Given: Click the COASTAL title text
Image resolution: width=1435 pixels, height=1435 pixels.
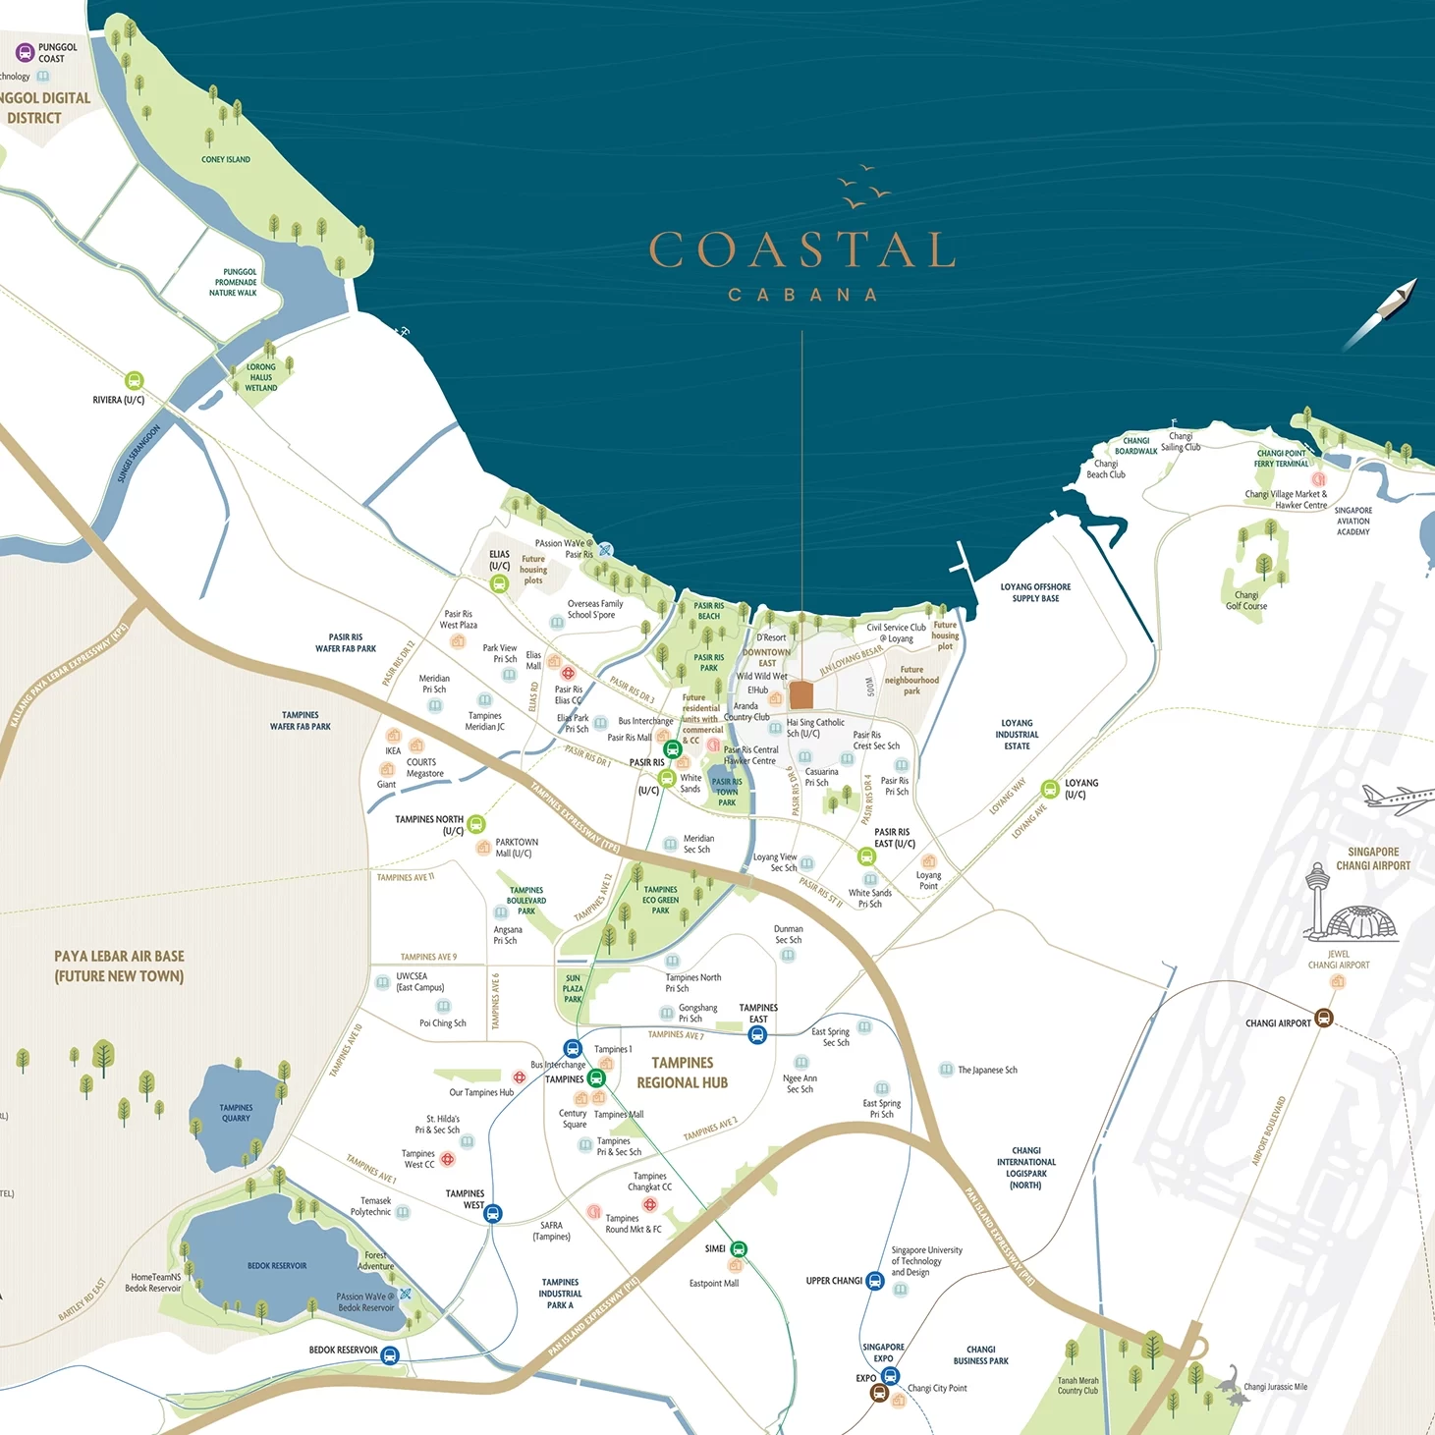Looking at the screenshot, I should [801, 250].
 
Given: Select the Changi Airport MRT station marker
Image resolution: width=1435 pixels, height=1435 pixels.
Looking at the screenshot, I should [1323, 1019].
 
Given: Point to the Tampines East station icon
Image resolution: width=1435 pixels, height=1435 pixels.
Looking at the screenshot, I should [757, 1034].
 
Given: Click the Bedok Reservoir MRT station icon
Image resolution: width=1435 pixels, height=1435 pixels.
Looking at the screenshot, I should [390, 1355].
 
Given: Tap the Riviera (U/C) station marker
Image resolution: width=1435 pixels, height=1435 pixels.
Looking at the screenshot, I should [135, 381].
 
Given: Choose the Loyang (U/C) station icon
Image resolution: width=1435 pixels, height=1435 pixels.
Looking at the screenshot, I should [1050, 789].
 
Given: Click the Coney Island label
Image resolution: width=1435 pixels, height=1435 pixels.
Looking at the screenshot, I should [226, 159].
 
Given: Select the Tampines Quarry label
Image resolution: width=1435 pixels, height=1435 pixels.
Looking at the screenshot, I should [236, 1113].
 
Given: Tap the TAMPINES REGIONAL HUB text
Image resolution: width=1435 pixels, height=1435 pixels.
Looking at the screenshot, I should [683, 1073].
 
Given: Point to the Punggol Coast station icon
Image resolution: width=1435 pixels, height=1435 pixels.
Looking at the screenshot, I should [26, 53].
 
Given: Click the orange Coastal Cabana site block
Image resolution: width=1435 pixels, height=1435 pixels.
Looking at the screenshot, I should [801, 695].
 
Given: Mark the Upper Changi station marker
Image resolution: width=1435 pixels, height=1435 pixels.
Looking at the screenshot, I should [874, 1281].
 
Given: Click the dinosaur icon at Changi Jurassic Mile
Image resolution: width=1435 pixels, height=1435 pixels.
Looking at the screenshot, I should [1230, 1382].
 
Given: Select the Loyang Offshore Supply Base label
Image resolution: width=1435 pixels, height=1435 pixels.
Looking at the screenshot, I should [1035, 592].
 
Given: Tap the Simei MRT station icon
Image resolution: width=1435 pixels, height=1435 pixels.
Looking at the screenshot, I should [739, 1249].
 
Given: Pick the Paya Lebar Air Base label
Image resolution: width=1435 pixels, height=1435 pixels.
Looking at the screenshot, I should [119, 966].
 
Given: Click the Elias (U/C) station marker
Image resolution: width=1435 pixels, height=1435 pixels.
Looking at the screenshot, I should [499, 584].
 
